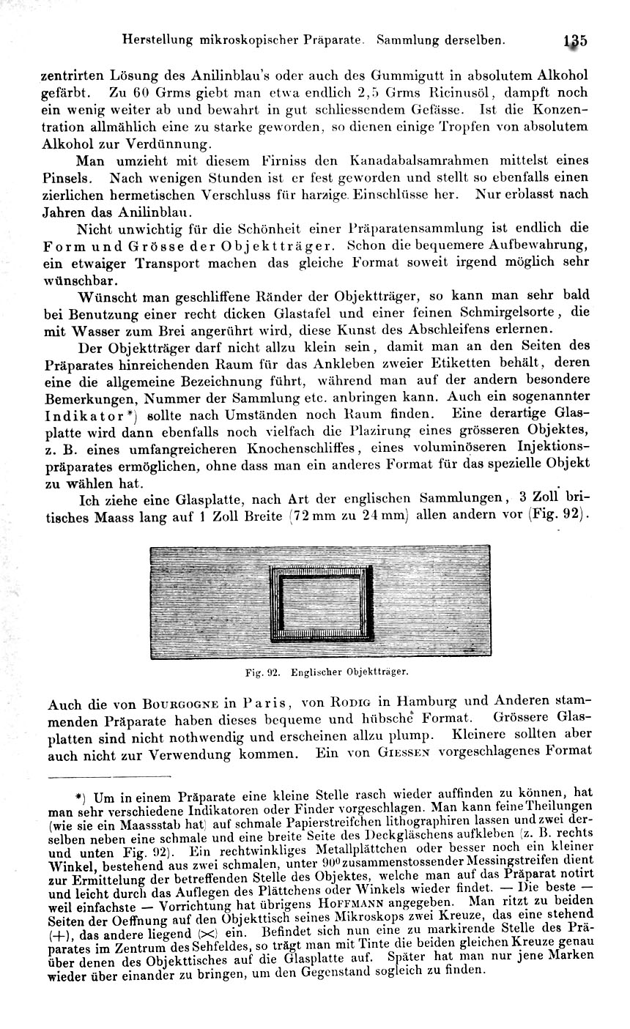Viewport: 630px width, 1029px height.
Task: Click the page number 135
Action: [x=576, y=41]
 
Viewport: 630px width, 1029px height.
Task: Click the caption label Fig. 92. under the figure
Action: [x=264, y=671]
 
